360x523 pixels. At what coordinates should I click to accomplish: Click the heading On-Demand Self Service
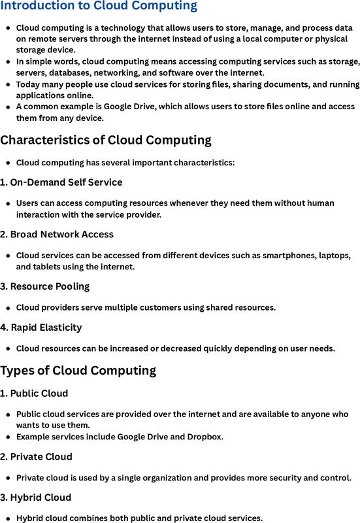[x=66, y=182]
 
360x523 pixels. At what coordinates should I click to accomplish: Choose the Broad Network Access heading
[x=61, y=234]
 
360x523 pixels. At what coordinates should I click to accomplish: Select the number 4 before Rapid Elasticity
[x=3, y=327]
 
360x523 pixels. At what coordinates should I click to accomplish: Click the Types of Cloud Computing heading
[x=78, y=371]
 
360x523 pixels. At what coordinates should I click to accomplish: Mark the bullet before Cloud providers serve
[x=8, y=307]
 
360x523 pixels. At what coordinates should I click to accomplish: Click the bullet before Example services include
[x=8, y=436]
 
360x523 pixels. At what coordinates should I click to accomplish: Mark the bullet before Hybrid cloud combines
[x=8, y=518]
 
